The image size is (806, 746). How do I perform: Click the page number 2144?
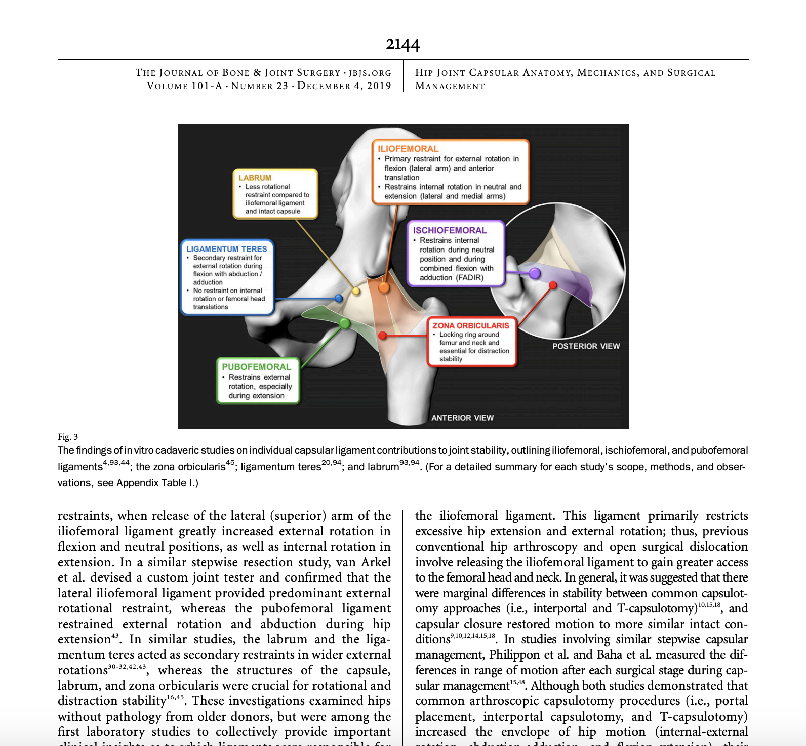point(402,45)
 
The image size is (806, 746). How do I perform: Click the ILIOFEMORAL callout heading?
point(408,149)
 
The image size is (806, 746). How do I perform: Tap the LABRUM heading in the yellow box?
point(255,178)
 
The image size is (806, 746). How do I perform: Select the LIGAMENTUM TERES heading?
point(226,249)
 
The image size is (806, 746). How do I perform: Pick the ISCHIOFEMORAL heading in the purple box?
point(450,230)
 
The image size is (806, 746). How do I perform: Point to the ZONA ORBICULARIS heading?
point(470,325)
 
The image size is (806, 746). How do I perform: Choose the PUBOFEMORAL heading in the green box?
point(256,367)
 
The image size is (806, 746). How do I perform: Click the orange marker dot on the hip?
point(384,288)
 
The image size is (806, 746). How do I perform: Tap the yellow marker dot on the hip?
point(356,291)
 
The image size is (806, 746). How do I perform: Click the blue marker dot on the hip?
point(339,299)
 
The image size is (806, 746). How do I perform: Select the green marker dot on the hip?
point(344,323)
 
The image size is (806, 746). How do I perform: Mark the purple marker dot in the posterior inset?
point(535,273)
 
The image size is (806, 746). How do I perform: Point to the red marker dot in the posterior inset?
point(553,285)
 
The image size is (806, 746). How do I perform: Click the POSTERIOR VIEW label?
point(586,346)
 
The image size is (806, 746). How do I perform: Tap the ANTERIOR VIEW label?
point(462,418)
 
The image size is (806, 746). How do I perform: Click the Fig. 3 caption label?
point(68,437)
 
